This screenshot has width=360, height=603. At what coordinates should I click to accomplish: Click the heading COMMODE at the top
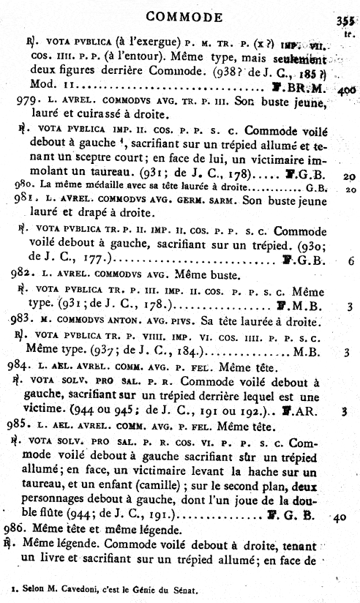point(184,16)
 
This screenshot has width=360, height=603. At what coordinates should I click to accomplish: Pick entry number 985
point(22,423)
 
